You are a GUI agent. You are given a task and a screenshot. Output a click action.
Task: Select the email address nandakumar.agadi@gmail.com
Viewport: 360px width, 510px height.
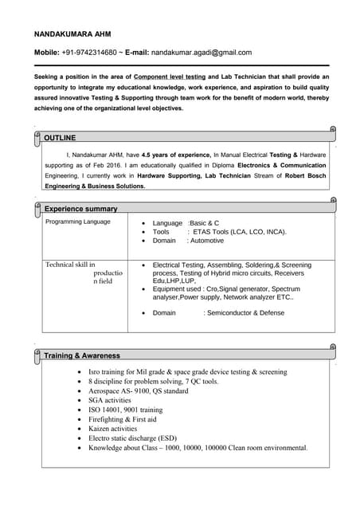tap(202, 53)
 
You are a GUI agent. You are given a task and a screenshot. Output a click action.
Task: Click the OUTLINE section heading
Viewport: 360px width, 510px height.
tap(60, 138)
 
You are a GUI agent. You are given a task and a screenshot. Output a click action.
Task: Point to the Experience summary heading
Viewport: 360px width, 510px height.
tap(80, 209)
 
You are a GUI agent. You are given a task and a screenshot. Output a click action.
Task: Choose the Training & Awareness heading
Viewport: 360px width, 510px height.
tap(82, 355)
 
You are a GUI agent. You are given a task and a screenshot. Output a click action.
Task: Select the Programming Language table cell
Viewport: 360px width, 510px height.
tap(78, 222)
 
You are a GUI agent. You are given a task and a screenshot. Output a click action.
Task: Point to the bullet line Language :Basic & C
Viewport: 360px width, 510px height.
tap(186, 223)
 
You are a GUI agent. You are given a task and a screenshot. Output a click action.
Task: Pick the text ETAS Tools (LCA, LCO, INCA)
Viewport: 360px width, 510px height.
tap(237, 232)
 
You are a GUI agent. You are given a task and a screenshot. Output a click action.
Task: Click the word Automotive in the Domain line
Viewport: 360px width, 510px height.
tap(205, 241)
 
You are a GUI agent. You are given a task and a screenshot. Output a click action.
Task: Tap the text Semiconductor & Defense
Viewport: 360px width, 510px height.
tap(245, 313)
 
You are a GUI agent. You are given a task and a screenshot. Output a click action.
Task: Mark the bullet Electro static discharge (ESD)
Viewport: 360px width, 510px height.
tap(132, 438)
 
